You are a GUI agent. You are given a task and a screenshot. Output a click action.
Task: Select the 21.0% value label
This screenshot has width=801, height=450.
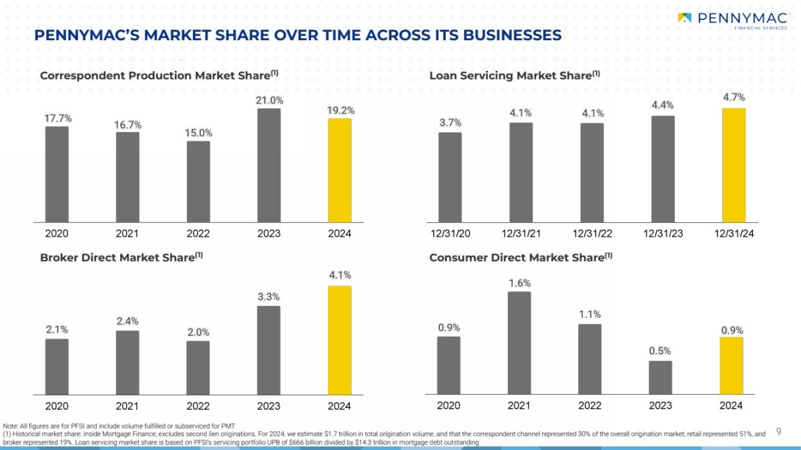click(x=269, y=100)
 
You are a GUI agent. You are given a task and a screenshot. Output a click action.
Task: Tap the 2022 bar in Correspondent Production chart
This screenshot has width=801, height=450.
click(x=198, y=181)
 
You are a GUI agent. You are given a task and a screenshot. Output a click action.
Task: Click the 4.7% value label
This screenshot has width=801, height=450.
click(x=734, y=97)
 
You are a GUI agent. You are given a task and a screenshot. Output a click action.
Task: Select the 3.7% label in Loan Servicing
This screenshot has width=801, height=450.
click(x=450, y=122)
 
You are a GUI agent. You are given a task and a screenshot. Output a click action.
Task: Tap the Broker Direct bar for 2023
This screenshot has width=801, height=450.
click(x=269, y=350)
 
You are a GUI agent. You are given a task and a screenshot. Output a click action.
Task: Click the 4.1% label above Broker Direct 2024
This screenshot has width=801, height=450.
click(x=340, y=275)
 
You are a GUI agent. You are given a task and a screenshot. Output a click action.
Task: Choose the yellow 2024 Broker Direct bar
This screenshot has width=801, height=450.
click(x=339, y=340)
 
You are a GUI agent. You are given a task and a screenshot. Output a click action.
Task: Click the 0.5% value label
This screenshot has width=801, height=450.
click(x=660, y=351)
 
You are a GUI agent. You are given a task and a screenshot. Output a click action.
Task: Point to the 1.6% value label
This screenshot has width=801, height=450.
click(x=519, y=283)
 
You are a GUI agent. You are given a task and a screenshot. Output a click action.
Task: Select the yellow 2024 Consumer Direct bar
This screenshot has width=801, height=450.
click(x=731, y=365)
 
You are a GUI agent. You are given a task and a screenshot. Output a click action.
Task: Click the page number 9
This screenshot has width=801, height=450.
click(x=778, y=432)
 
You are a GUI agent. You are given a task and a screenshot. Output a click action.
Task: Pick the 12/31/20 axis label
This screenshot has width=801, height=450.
click(x=450, y=234)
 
